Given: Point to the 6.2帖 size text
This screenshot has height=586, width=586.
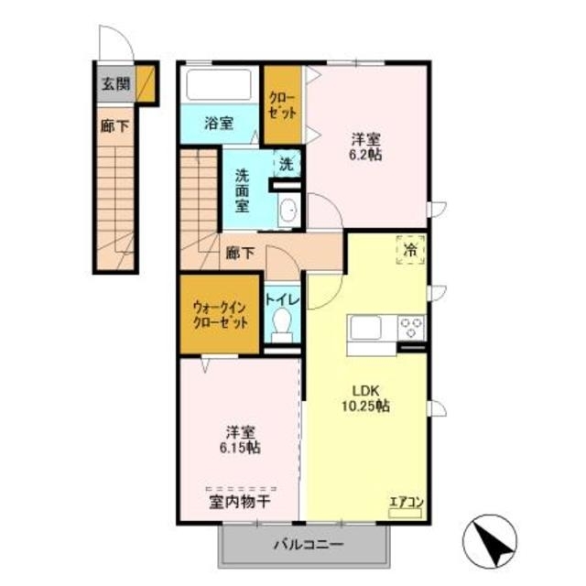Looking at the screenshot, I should (366, 156).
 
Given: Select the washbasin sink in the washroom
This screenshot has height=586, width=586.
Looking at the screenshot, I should (287, 211).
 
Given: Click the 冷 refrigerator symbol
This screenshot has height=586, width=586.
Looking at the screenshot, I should (409, 248).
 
